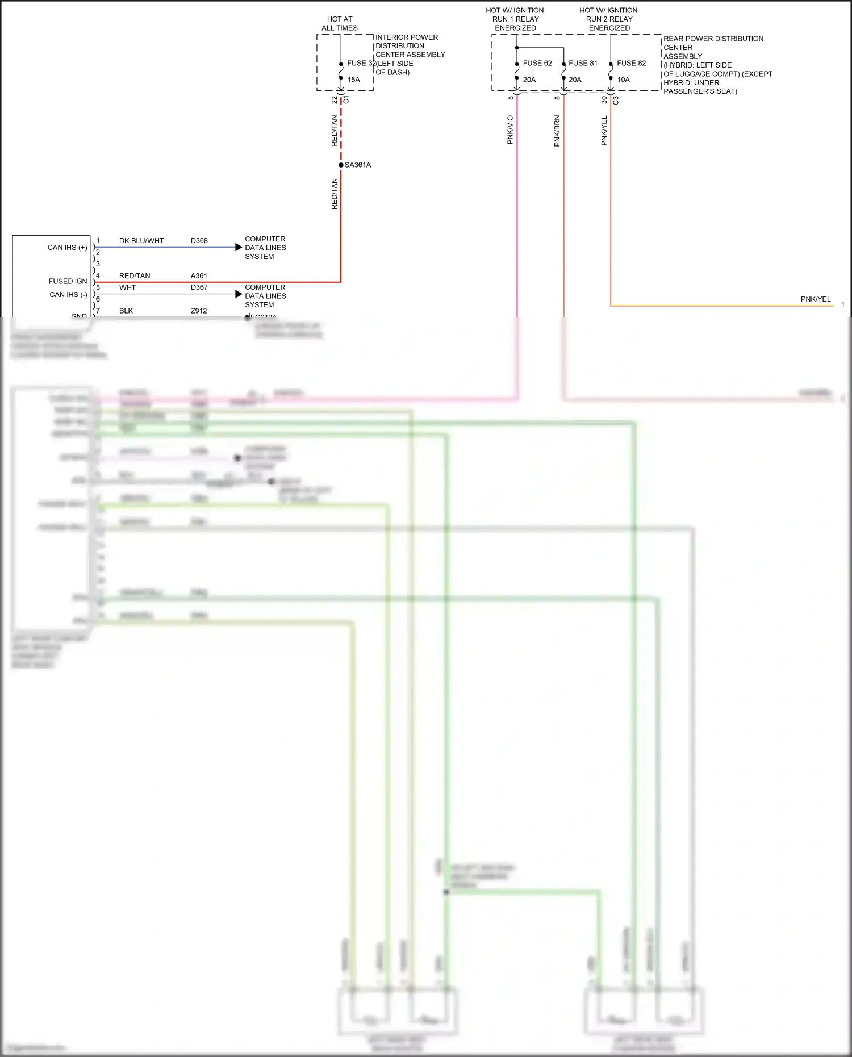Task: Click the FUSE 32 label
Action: (360, 63)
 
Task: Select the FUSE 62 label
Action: (537, 63)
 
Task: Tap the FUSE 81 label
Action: (583, 63)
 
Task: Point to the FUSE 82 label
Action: (631, 63)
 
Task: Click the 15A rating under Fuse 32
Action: (353, 80)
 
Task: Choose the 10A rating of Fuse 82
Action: (623, 80)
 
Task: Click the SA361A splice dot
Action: (341, 165)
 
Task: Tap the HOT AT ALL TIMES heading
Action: (340, 23)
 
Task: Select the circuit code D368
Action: (199, 241)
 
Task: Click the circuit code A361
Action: (199, 276)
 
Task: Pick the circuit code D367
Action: (199, 287)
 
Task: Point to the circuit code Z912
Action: (199, 311)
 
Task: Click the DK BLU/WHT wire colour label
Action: (141, 241)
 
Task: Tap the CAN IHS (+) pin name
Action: (67, 248)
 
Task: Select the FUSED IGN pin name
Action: (68, 281)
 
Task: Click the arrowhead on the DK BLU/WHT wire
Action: (239, 247)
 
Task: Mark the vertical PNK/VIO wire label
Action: (510, 129)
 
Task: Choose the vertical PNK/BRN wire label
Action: (557, 131)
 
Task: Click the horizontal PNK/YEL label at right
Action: (815, 299)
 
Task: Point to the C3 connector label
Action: (616, 100)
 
